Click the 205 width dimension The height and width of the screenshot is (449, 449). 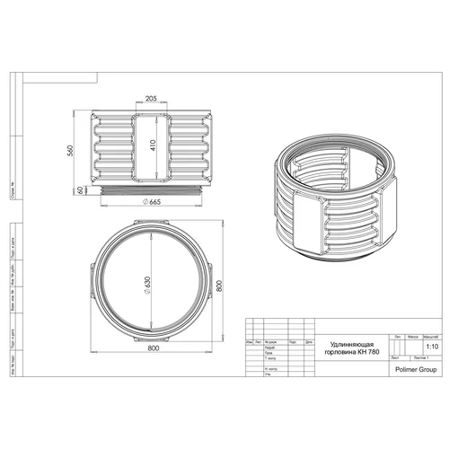tap(150, 100)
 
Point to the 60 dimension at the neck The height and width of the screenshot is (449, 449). tap(79, 190)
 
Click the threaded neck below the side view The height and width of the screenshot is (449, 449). tap(150, 191)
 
